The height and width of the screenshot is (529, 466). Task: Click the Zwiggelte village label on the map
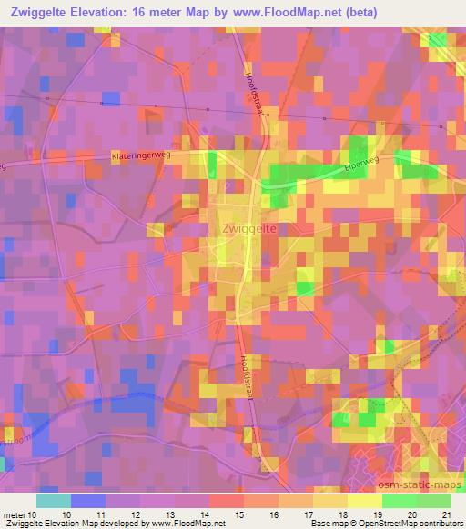[248, 230]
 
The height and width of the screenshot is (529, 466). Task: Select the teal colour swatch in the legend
[53, 501]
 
